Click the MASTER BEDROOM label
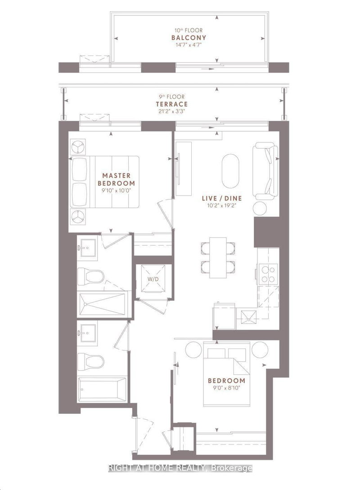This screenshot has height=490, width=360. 116,179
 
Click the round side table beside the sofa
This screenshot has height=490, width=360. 260,209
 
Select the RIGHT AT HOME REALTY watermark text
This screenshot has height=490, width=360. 180,468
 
